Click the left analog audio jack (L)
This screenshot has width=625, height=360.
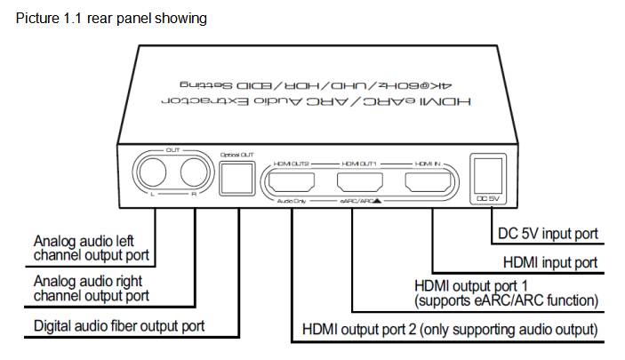coord(152,172)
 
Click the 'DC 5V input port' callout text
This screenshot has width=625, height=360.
coord(544,234)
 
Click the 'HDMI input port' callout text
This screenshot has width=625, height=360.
coord(549,262)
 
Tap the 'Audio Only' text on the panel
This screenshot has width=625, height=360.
coord(291,203)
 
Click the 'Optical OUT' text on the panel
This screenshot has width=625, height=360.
coord(236,155)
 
